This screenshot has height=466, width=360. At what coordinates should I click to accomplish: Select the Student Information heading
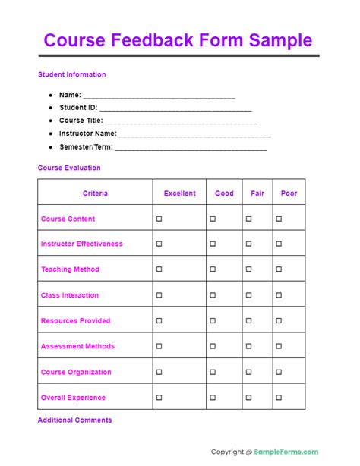point(71,74)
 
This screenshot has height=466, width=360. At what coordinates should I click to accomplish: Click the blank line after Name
point(159,96)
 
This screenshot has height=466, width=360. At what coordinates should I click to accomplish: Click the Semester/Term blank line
point(191,147)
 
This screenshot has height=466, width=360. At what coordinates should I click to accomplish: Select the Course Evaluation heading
point(69,168)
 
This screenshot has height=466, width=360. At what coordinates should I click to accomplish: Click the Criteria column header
point(95,194)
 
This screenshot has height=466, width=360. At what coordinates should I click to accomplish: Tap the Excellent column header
point(179,194)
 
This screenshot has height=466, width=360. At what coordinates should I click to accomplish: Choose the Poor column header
point(289,194)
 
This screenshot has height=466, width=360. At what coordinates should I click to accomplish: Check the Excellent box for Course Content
point(159,219)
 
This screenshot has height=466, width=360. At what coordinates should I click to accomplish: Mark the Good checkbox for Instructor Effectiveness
point(213,244)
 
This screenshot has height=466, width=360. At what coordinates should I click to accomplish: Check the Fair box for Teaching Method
point(248,269)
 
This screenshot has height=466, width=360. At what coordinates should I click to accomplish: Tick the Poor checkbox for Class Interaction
point(279,295)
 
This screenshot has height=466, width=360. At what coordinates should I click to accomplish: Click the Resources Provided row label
point(75,321)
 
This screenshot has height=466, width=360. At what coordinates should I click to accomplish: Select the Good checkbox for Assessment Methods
point(213,346)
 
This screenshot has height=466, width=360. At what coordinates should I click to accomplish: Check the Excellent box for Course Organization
point(159,372)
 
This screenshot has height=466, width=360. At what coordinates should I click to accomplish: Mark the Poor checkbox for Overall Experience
point(279,398)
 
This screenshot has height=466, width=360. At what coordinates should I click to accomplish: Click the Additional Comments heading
point(74,420)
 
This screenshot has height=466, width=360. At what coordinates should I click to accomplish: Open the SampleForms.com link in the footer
point(286,452)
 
